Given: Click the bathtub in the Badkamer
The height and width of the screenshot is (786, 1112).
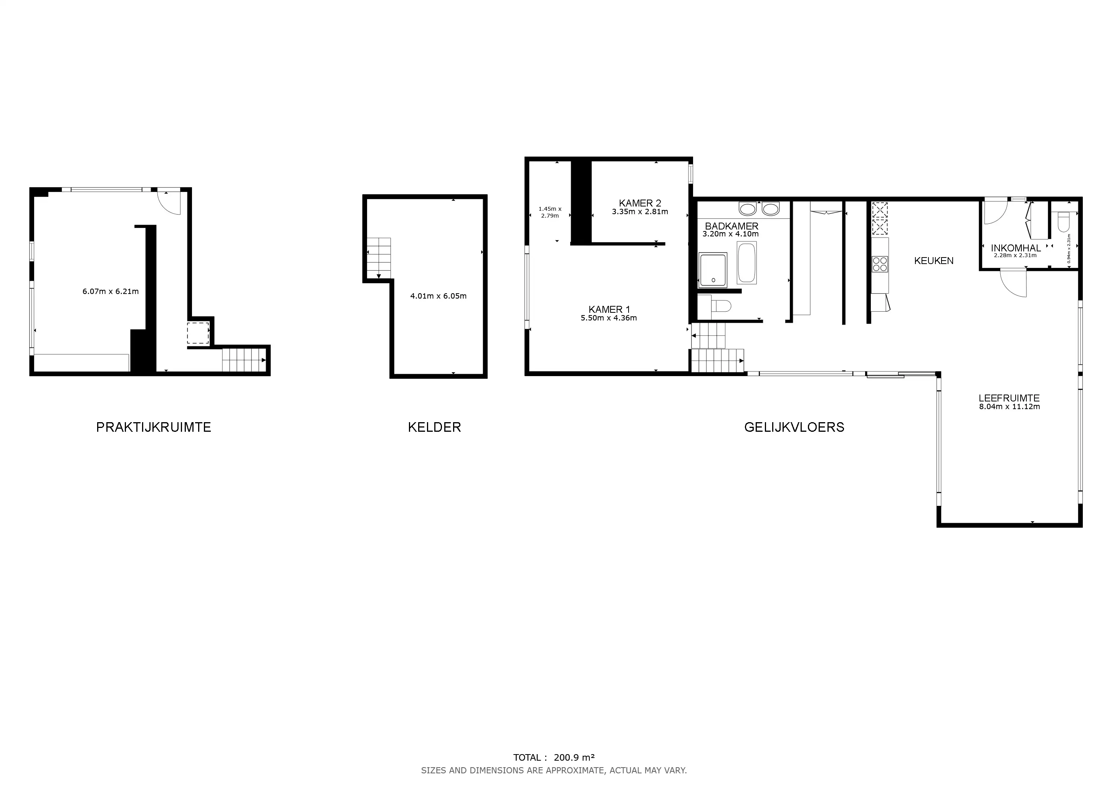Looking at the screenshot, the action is pyautogui.click(x=746, y=263).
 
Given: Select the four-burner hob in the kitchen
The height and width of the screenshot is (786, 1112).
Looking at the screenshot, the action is pyautogui.click(x=880, y=264).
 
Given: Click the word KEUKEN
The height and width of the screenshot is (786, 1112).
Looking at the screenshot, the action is pyautogui.click(x=934, y=261).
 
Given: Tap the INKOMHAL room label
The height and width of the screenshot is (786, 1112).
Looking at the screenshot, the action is pyautogui.click(x=1016, y=248).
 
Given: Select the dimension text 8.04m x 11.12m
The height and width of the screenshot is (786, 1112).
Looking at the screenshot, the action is pyautogui.click(x=1009, y=406).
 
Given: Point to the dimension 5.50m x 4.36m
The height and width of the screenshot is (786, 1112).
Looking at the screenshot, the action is pyautogui.click(x=609, y=318).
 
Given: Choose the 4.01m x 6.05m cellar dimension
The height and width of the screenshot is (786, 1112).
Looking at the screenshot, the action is pyautogui.click(x=438, y=296).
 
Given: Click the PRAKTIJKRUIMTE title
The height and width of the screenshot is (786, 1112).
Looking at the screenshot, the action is pyautogui.click(x=154, y=427).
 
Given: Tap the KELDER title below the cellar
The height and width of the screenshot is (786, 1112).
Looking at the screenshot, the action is pyautogui.click(x=434, y=427).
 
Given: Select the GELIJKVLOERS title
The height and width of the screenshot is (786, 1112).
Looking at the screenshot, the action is pyautogui.click(x=794, y=427).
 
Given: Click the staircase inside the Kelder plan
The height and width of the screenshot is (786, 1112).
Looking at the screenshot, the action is pyautogui.click(x=378, y=258).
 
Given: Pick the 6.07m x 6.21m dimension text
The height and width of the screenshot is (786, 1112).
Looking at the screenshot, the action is pyautogui.click(x=111, y=291).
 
